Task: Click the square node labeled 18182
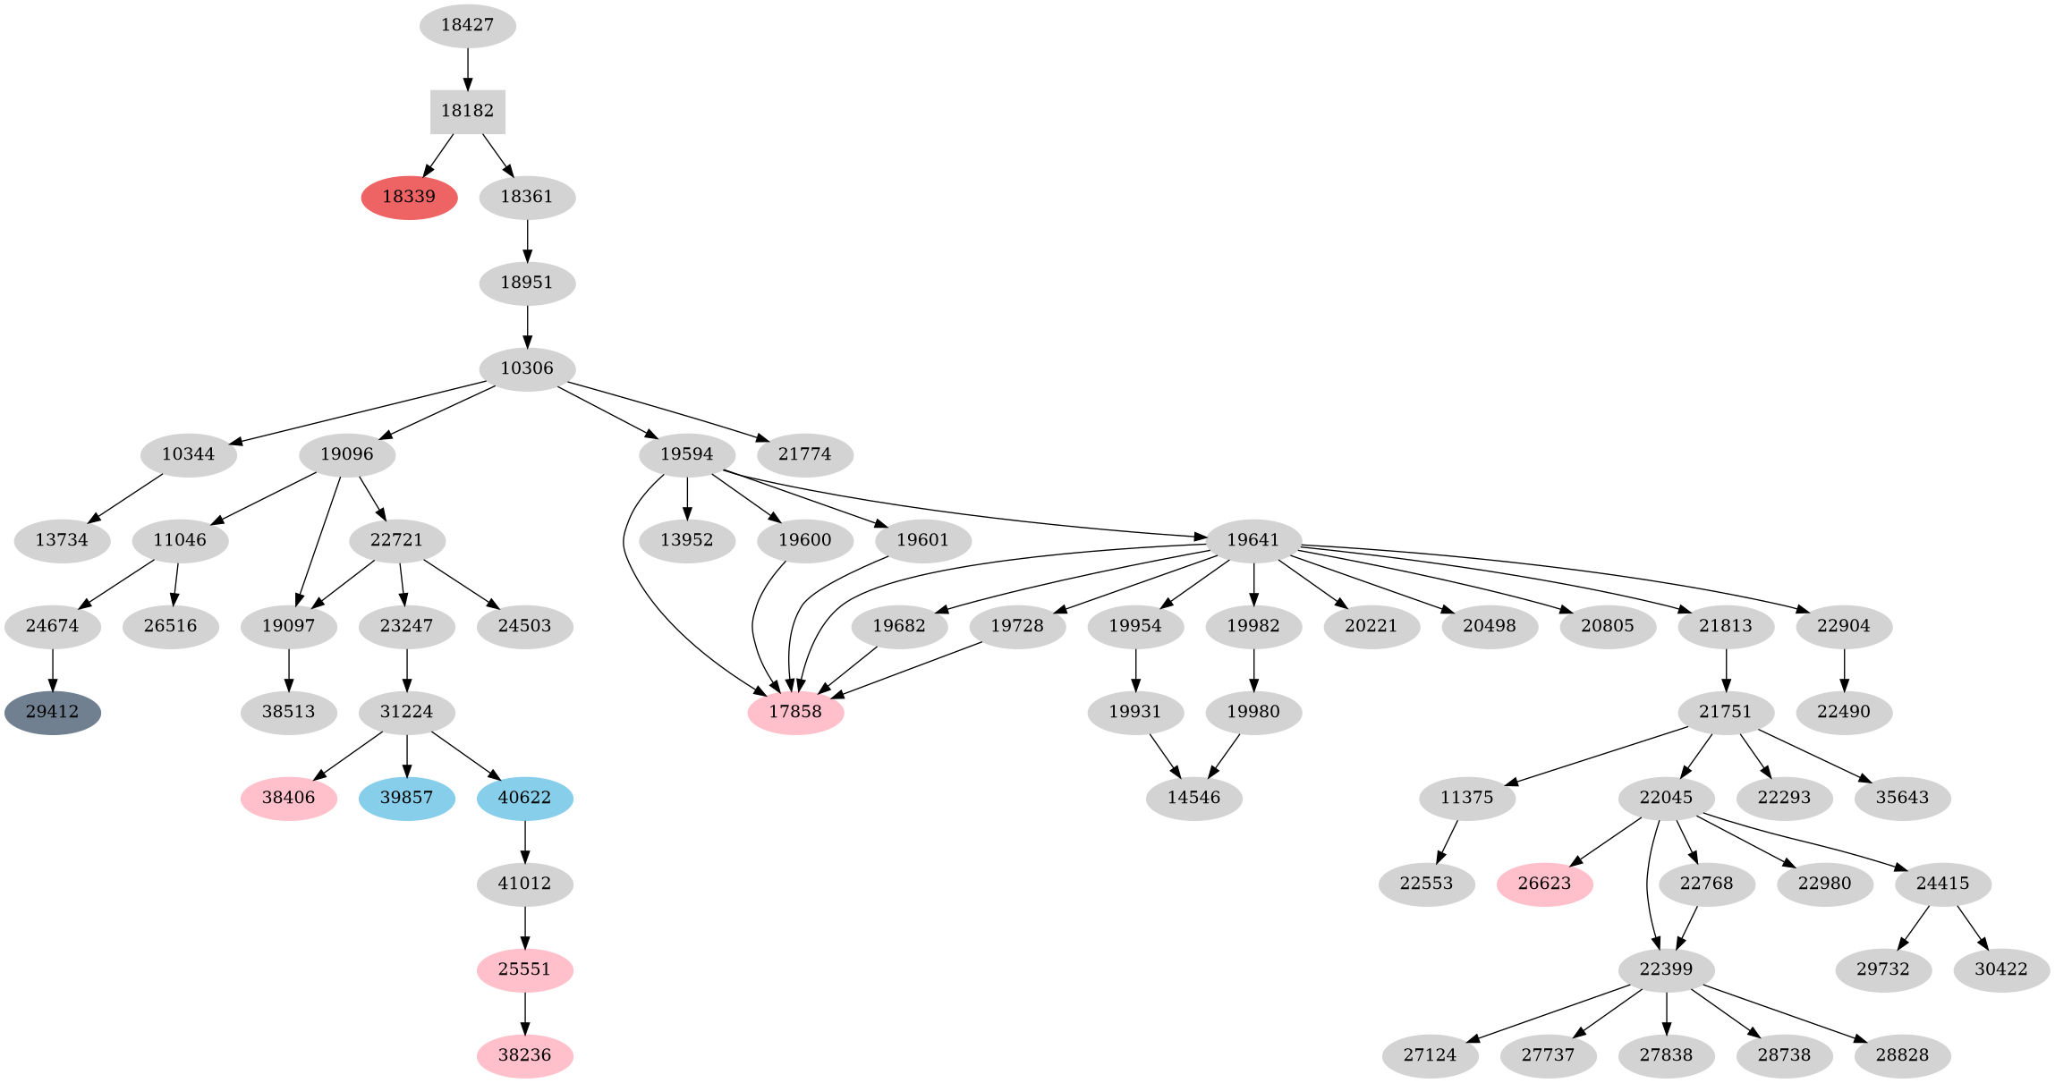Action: [x=467, y=111]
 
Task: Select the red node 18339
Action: [x=409, y=197]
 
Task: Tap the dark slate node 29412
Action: [x=52, y=713]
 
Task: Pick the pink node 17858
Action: [x=795, y=713]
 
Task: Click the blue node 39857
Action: [x=406, y=798]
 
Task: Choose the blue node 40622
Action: [x=524, y=798]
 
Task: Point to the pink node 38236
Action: [x=524, y=1055]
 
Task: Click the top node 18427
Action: [x=467, y=25]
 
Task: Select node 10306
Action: [x=527, y=368]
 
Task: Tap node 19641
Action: [x=1253, y=540]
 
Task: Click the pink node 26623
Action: [x=1544, y=884]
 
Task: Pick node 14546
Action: [x=1193, y=798]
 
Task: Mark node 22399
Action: [x=1666, y=969]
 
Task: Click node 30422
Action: [x=2000, y=969]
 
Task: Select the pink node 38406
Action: [x=288, y=798]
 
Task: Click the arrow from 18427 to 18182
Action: [x=467, y=68]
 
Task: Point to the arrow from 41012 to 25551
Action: [x=524, y=926]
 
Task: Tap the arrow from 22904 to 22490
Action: [x=1844, y=670]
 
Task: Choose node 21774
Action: [x=804, y=454]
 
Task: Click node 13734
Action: [x=62, y=540]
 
